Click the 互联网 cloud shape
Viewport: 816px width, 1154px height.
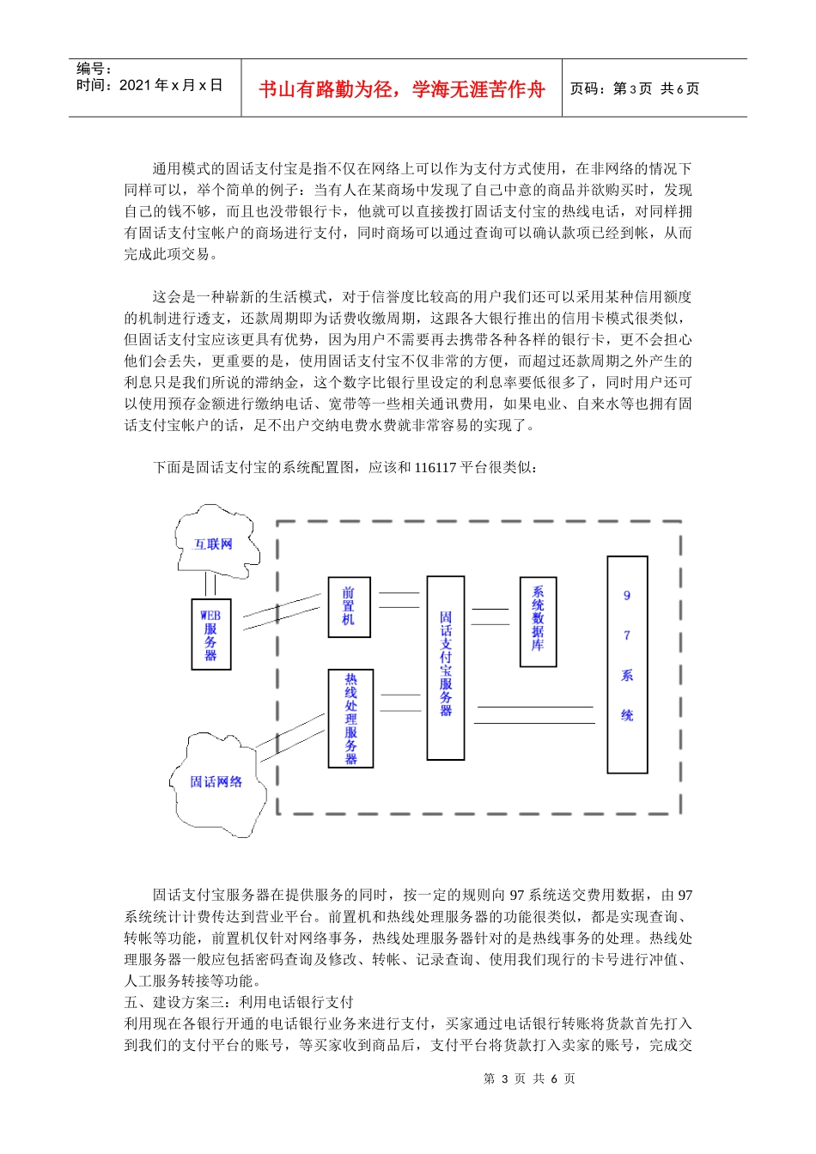[213, 544]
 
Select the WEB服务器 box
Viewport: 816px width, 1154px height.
[210, 635]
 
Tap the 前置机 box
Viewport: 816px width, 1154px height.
[349, 606]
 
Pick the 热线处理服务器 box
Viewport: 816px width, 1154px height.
[350, 718]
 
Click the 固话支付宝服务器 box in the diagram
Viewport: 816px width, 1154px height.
[446, 667]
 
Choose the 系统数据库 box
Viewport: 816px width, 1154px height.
[538, 622]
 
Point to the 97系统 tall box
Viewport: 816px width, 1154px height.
[627, 665]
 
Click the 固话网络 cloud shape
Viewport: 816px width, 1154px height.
[216, 782]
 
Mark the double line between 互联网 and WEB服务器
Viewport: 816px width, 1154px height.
[210, 585]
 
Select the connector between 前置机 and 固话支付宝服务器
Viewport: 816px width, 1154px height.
[399, 600]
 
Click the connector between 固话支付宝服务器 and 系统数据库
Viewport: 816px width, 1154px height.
[490, 616]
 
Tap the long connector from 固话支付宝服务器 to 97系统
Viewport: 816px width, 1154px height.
[534, 714]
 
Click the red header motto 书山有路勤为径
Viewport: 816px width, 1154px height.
[401, 89]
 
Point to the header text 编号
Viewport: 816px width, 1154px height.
[94, 69]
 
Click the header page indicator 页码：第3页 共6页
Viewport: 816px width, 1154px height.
[634, 88]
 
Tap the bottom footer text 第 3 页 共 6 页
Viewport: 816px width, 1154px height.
[529, 1078]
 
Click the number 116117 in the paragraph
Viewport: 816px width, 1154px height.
[435, 468]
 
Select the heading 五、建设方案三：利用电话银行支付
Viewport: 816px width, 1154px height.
[239, 1002]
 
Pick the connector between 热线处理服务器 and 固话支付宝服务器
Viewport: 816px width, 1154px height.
[400, 702]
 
